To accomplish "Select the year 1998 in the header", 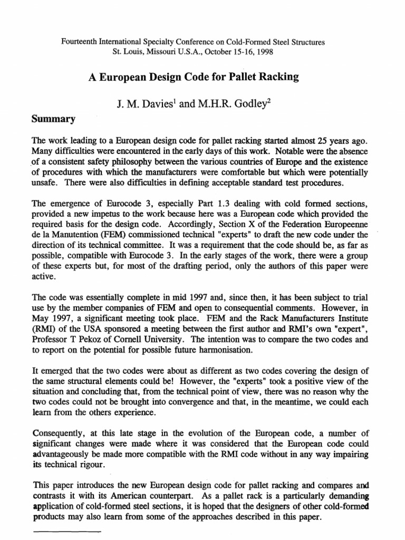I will click(x=264, y=52).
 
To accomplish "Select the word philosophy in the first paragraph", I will click(x=138, y=161).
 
